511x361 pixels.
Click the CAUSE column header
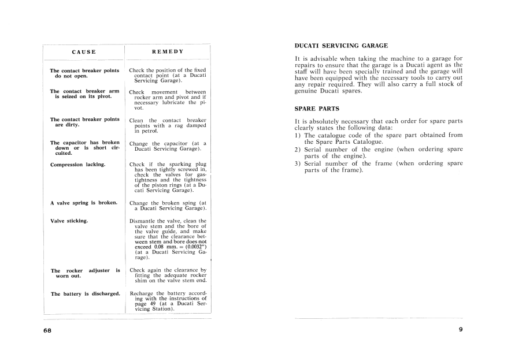(84, 52)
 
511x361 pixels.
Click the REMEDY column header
(167, 51)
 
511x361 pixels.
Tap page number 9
(461, 330)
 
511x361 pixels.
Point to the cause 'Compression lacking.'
(78, 165)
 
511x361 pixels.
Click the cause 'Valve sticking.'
(69, 221)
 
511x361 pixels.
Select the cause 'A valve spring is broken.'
(84, 203)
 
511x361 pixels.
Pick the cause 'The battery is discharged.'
(86, 294)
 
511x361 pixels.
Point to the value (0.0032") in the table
(193, 247)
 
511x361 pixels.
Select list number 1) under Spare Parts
(298, 135)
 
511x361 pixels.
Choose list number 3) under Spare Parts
(298, 163)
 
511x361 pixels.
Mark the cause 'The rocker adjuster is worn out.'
(85, 273)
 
